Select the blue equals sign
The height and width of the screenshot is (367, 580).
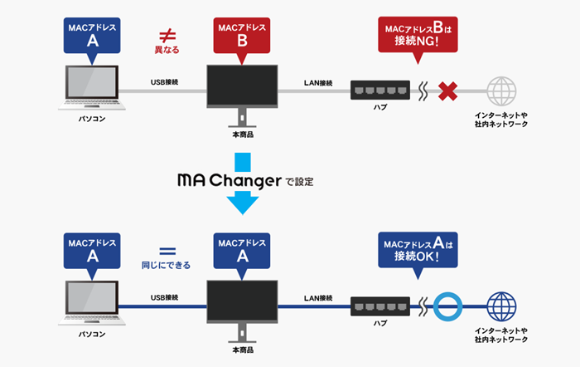click(166, 249)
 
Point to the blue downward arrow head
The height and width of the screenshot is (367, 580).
click(242, 203)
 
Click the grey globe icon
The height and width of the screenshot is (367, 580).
click(501, 91)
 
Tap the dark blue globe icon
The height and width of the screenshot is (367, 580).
click(501, 304)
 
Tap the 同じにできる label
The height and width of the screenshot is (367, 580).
click(166, 266)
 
